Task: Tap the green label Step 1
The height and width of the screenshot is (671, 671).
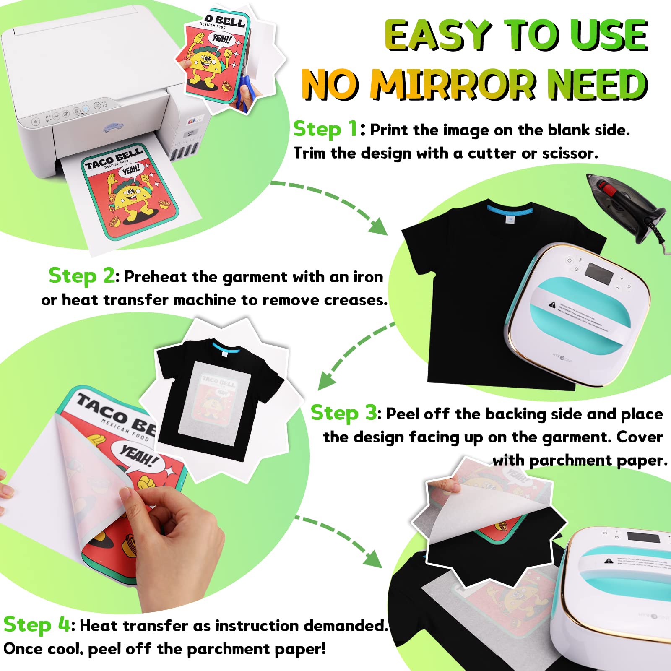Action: pos(325,129)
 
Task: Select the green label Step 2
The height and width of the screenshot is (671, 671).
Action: pos(81,276)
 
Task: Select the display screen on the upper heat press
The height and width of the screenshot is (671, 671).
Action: pos(599,273)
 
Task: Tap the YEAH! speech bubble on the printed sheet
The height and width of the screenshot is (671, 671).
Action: pos(131,170)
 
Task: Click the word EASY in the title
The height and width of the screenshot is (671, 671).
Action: pos(438,36)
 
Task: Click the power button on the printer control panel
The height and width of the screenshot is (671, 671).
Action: pos(36,122)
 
